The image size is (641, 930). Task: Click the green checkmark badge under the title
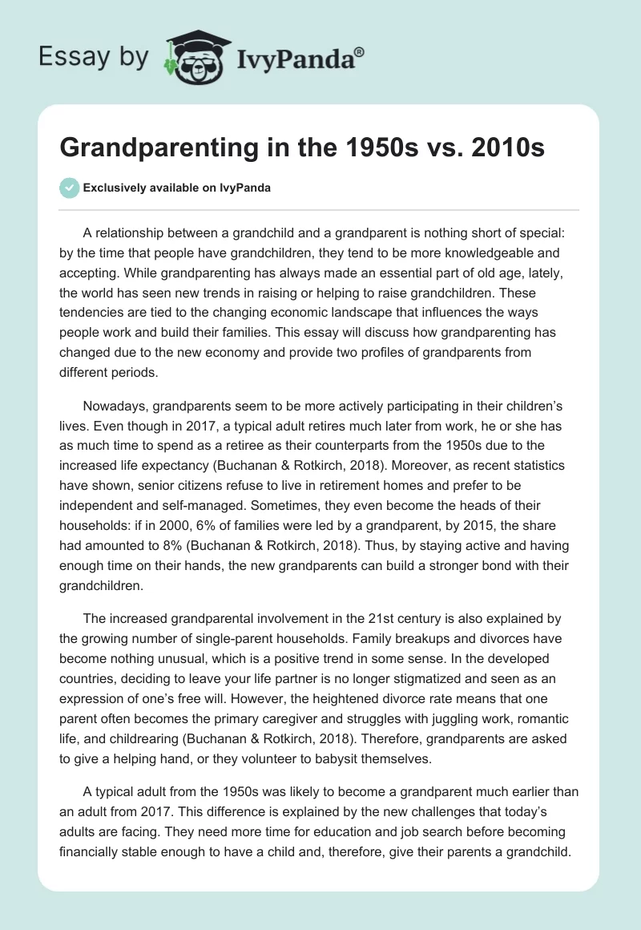(70, 188)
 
